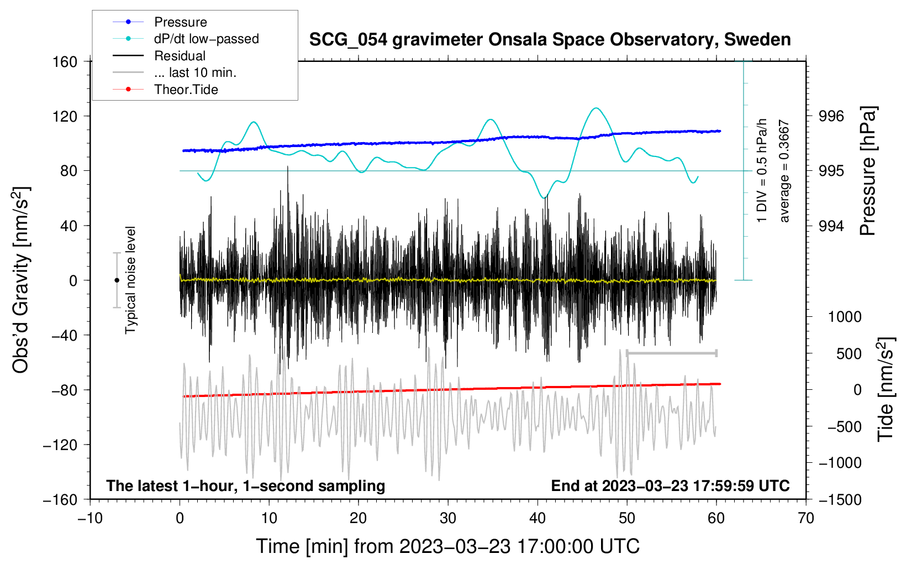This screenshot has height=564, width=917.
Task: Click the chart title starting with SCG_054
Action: point(550,40)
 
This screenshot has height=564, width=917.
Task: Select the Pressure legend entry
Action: point(160,22)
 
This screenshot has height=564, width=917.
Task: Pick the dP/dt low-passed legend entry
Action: point(186,39)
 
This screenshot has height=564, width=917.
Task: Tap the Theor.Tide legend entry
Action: point(165,90)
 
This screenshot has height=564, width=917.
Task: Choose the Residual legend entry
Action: point(159,56)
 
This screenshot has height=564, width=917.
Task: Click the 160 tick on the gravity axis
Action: point(65,62)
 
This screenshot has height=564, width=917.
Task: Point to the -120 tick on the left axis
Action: point(60,445)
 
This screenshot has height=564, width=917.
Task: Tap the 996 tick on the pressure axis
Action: point(831,117)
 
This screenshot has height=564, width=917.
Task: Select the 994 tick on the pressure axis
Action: point(831,226)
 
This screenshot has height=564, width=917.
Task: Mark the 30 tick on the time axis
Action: point(448,519)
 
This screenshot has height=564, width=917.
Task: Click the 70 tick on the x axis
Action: point(805,519)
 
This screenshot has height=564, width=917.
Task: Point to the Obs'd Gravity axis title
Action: point(20,280)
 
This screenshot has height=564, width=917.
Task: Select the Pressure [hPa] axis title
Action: point(867,171)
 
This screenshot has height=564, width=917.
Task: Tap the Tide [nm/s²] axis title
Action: point(886,389)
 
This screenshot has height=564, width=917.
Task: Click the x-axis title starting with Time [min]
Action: point(448,546)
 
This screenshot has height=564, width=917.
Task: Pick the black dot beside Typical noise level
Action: point(117,280)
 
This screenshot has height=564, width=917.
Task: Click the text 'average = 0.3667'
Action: point(784,171)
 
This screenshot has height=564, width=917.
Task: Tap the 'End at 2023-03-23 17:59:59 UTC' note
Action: point(671,485)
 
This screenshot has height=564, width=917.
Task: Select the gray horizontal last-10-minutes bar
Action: point(671,353)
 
